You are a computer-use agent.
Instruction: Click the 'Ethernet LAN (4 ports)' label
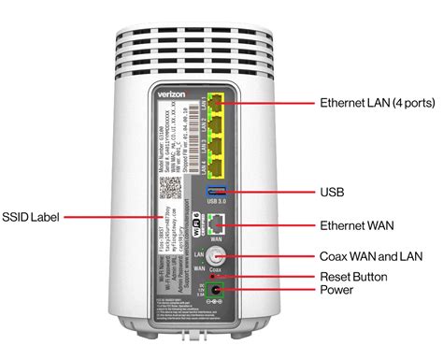point(376,102)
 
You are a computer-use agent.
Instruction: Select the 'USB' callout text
point(333,192)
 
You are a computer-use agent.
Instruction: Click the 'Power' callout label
point(337,291)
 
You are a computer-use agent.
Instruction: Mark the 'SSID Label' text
point(32,216)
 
